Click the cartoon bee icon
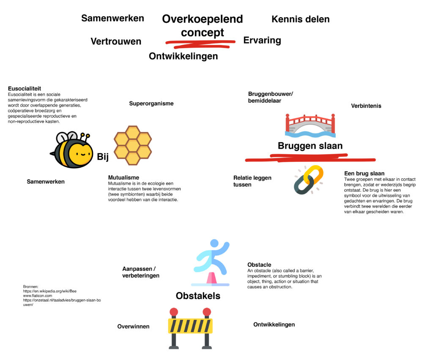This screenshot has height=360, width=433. click(x=72, y=150)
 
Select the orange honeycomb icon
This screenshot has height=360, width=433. click(x=132, y=145)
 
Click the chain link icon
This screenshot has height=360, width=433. click(x=309, y=180)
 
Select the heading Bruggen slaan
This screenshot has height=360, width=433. click(x=310, y=146)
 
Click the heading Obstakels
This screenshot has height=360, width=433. click(x=198, y=296)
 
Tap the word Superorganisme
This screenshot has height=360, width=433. click(x=151, y=104)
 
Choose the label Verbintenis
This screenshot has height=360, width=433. click(x=366, y=106)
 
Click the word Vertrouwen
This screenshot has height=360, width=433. click(x=116, y=41)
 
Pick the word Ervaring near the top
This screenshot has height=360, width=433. click(x=262, y=41)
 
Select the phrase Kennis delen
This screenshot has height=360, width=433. click(x=300, y=19)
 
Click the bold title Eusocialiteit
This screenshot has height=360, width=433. click(x=25, y=89)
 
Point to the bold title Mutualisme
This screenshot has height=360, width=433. click(x=123, y=177)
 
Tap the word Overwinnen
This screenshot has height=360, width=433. click(x=133, y=327)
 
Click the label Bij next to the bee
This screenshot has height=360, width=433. click(x=103, y=157)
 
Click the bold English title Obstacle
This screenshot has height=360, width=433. click(x=259, y=265)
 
